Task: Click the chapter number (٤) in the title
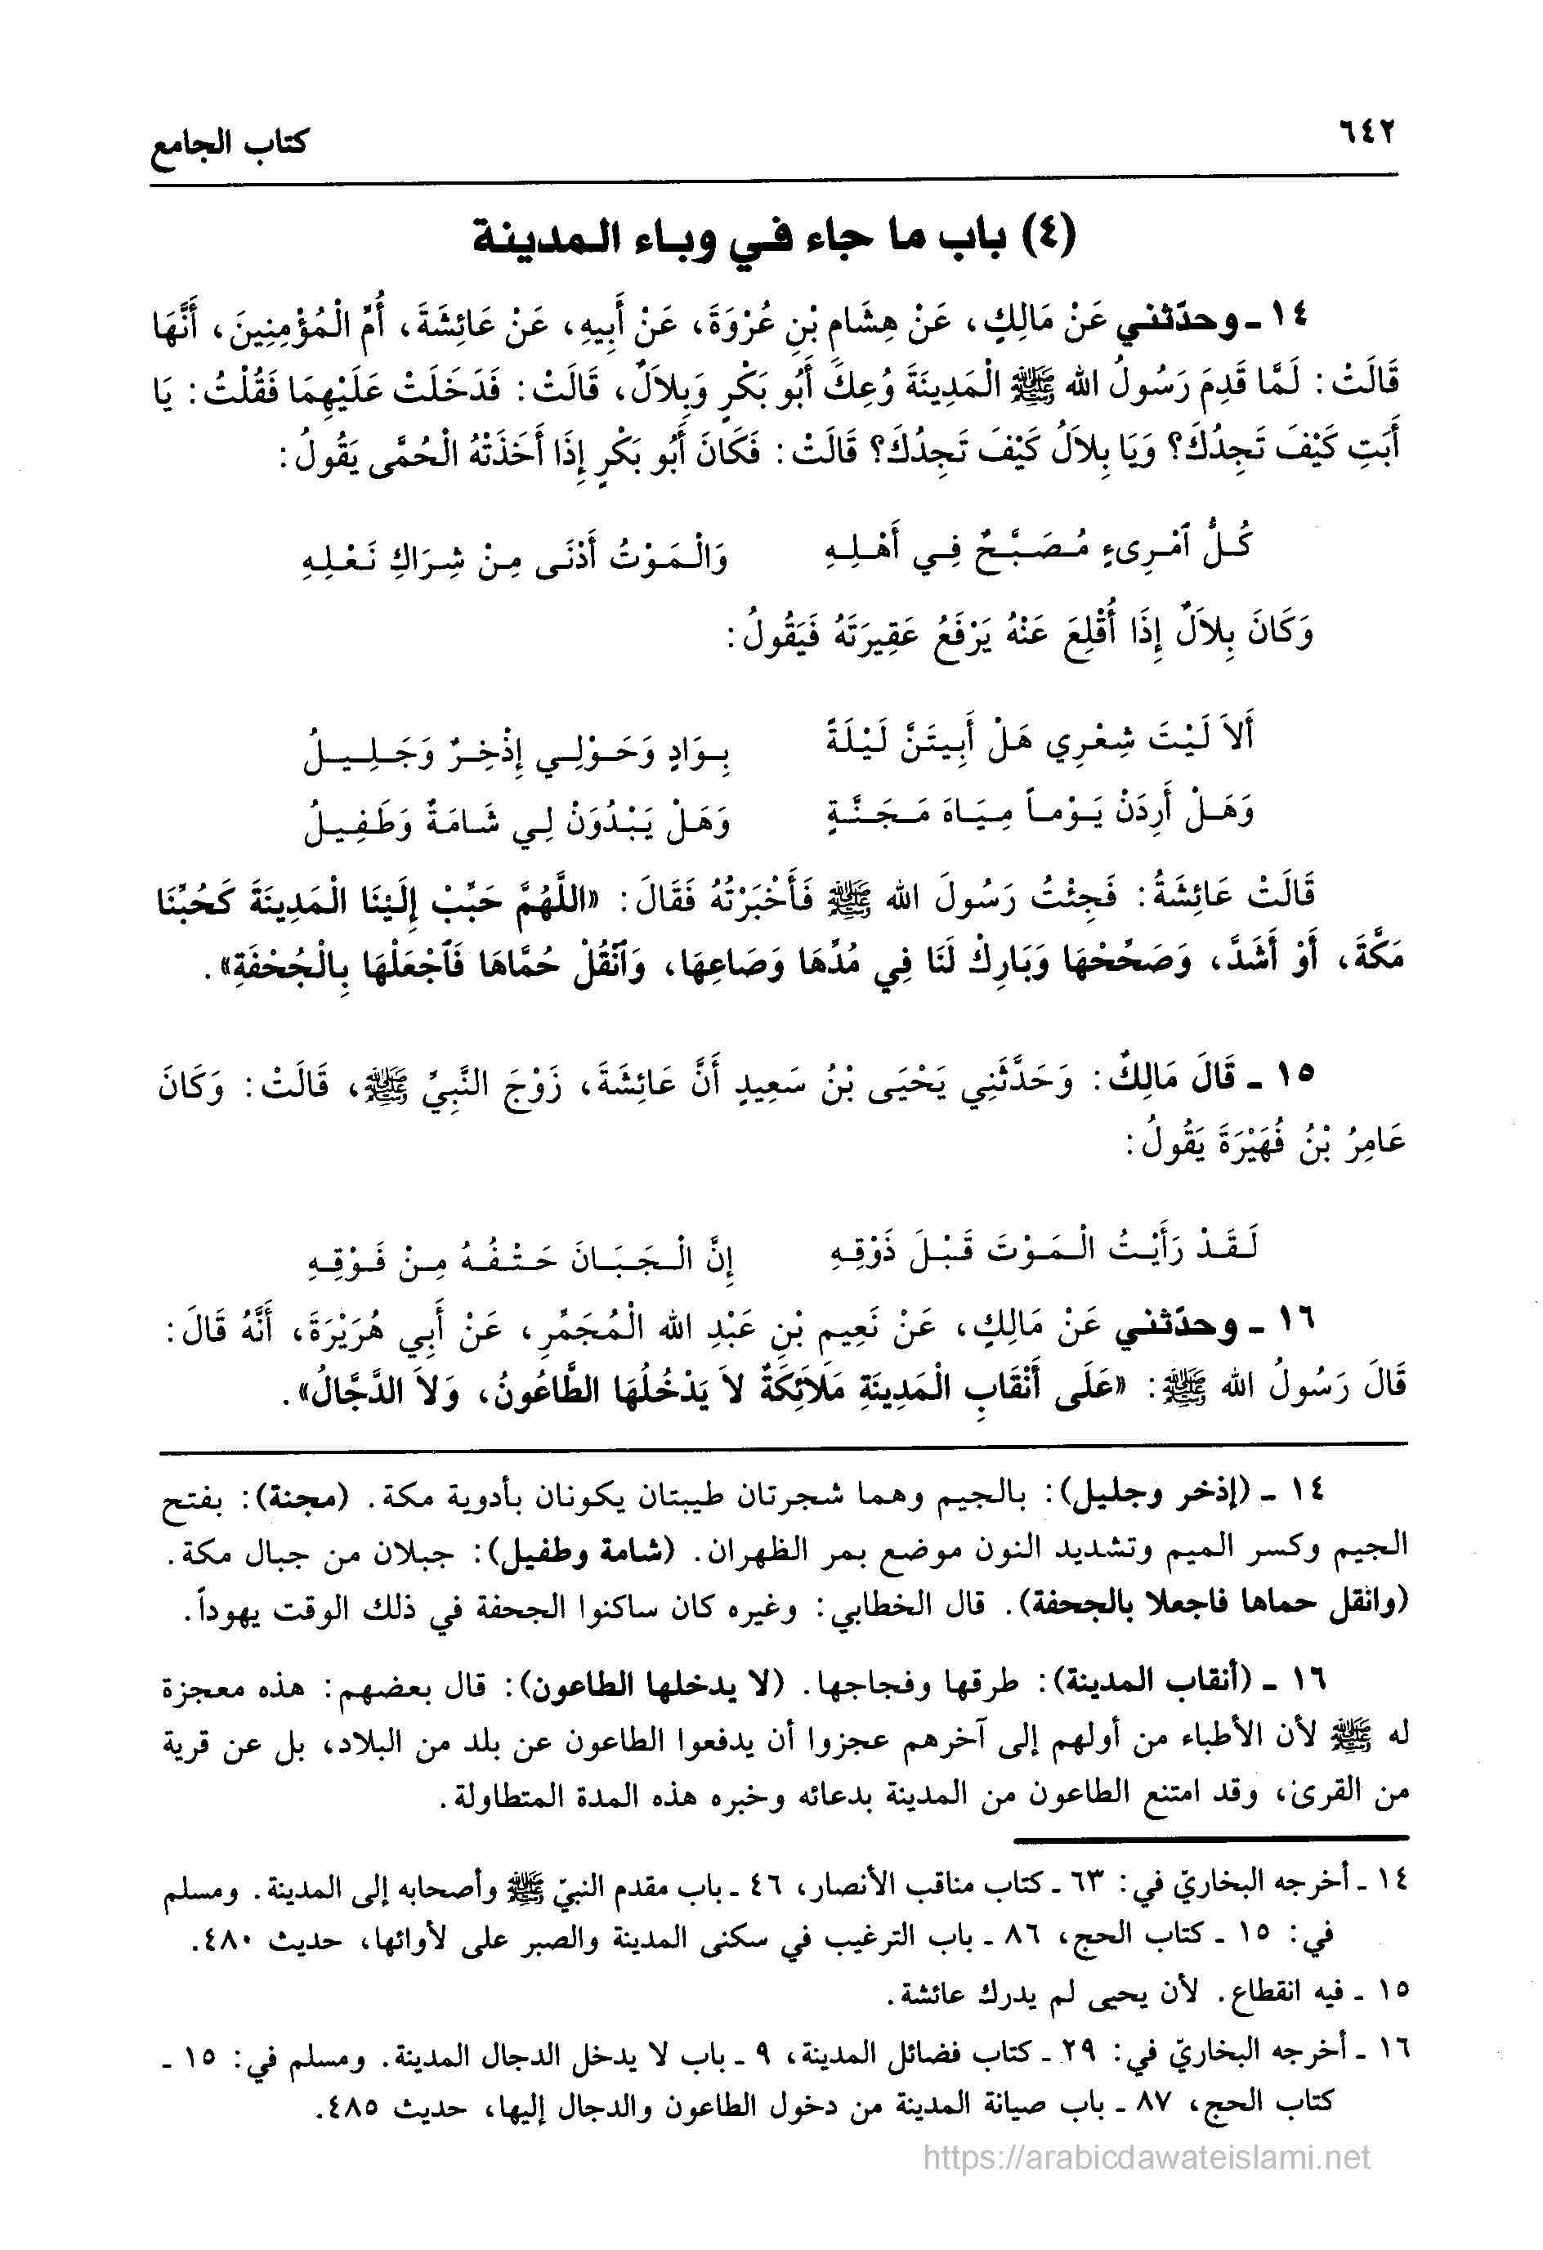pyautogui.click(x=1045, y=235)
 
